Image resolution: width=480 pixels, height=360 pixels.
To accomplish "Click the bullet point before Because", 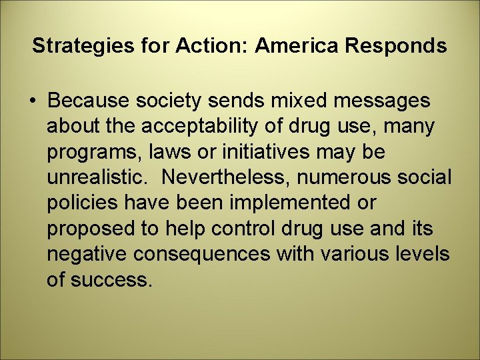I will point(33,101).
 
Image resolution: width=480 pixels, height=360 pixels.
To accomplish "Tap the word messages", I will point(382,101).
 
